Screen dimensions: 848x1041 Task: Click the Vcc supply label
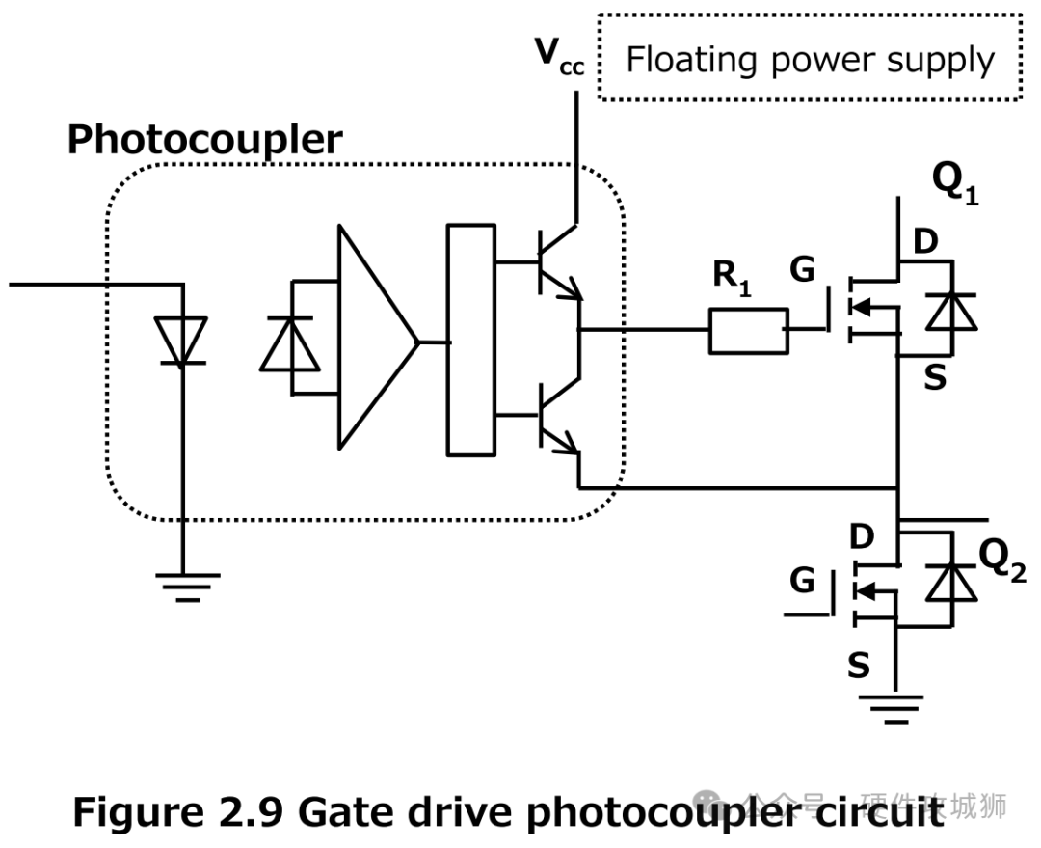pos(559,59)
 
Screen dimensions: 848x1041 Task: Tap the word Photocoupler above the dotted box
pos(204,141)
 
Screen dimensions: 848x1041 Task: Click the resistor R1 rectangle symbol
pos(748,330)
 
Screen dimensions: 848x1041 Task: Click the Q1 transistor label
pos(954,183)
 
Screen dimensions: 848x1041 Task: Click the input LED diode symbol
pos(181,342)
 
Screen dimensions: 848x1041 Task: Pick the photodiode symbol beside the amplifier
pos(291,342)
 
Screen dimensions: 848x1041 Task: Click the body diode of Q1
pos(951,309)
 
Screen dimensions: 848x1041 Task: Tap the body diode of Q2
pos(950,581)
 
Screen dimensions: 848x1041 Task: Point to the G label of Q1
pos(802,271)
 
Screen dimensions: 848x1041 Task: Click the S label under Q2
pos(858,665)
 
